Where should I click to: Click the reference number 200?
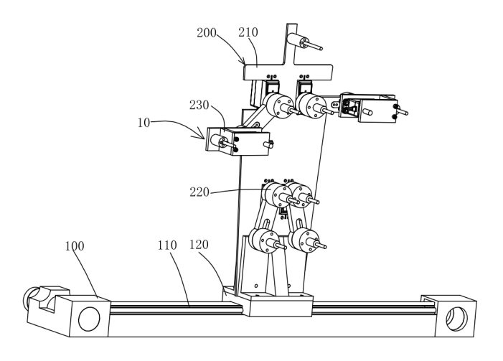point(207,33)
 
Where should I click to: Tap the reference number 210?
point(248,32)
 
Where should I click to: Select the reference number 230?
point(199,105)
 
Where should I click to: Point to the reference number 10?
point(144,123)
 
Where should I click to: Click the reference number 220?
point(199,192)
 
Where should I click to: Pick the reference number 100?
point(75,246)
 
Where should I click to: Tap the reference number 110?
point(167,245)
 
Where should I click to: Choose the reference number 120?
point(199,245)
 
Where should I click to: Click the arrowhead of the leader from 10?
point(202,136)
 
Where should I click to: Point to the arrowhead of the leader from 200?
point(243,62)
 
